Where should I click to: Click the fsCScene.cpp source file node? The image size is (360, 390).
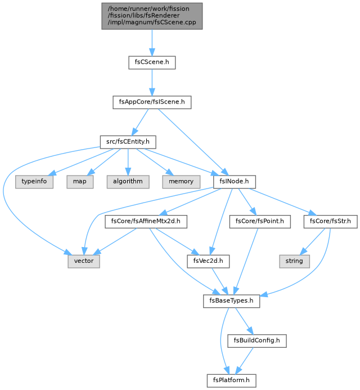[152, 16]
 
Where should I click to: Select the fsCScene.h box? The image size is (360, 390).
[152, 62]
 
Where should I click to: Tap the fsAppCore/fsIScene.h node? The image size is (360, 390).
[152, 102]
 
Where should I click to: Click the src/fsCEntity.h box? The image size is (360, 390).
[128, 142]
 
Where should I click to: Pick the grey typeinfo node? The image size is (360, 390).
[34, 182]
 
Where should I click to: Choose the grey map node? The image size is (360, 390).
[80, 182]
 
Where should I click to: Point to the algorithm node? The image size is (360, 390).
[128, 182]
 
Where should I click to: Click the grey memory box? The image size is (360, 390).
[181, 182]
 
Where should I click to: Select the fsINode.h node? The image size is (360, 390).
[234, 182]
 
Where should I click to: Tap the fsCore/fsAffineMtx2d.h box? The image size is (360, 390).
[146, 222]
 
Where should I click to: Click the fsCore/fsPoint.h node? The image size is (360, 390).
[260, 222]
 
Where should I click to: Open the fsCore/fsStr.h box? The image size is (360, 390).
[330, 222]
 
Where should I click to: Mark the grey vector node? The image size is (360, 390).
[84, 262]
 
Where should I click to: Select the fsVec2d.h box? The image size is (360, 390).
[208, 262]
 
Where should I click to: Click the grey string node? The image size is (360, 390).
[294, 262]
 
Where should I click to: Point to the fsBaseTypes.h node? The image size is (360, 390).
[231, 301]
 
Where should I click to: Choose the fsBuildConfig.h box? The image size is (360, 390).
[257, 341]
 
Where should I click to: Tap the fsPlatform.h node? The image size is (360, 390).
[231, 381]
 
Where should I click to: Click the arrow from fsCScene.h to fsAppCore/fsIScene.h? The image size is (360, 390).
[152, 83]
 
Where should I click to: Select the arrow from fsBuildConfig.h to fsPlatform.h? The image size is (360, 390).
[244, 361]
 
